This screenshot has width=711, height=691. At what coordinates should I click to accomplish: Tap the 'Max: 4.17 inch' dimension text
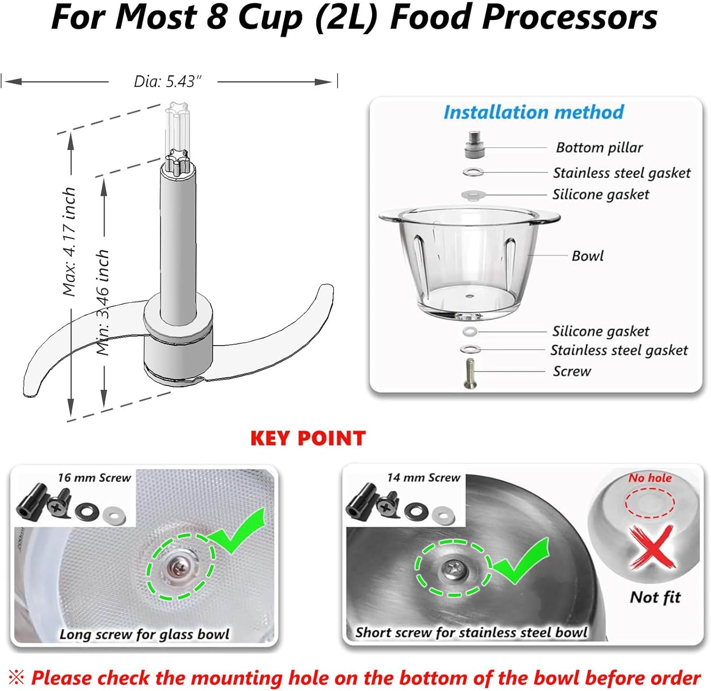(70, 242)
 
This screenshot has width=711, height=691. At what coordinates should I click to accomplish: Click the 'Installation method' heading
(533, 112)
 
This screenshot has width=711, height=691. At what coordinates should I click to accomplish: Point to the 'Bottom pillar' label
(599, 147)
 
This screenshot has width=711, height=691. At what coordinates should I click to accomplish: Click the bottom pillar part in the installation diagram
(474, 145)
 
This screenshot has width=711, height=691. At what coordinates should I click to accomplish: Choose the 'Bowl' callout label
(587, 256)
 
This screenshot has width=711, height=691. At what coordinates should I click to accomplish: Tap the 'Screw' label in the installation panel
(572, 371)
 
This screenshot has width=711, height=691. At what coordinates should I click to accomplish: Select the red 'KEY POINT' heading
(308, 438)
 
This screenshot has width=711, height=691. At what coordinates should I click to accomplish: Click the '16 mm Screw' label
(94, 478)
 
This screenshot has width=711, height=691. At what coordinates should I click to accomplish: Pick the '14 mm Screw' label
(423, 478)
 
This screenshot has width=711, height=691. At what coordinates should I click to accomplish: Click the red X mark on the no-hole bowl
(652, 547)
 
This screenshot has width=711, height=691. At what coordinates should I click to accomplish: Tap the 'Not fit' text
(655, 597)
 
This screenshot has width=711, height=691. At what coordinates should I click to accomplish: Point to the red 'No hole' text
(650, 478)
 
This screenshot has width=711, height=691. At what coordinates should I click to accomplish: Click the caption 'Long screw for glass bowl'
(144, 634)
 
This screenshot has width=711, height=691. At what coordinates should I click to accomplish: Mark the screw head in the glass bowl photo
(180, 565)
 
